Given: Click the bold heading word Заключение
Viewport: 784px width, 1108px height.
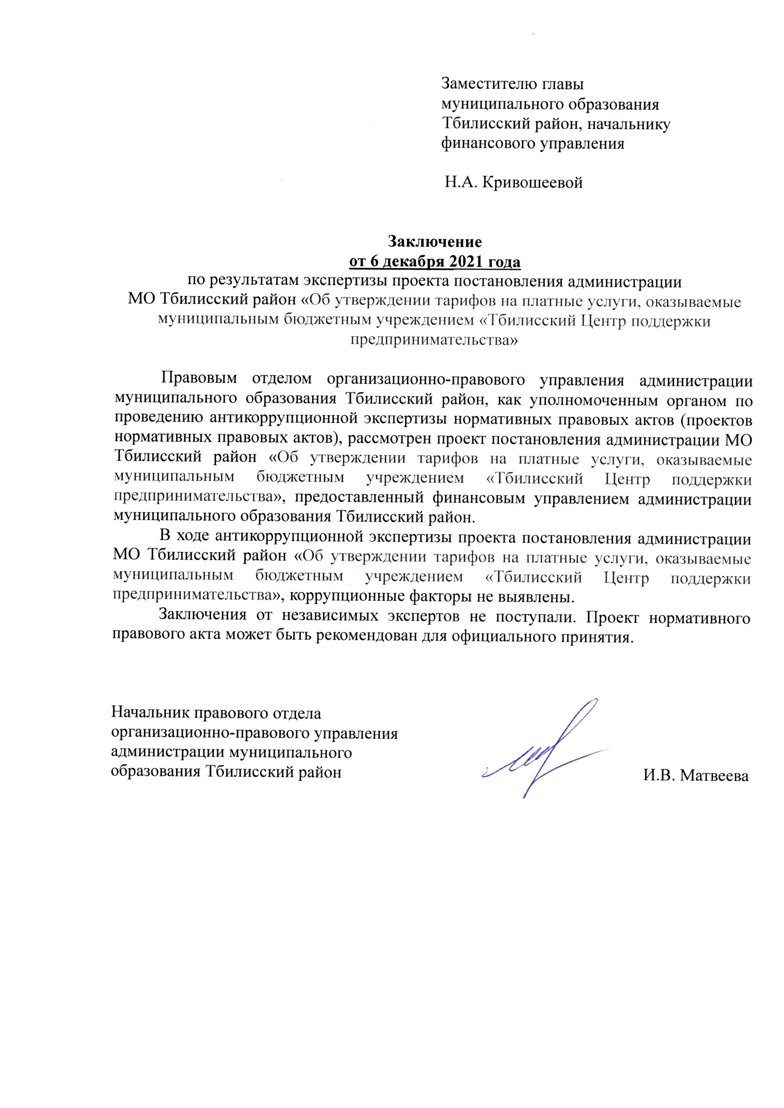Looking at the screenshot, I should [x=435, y=241].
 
